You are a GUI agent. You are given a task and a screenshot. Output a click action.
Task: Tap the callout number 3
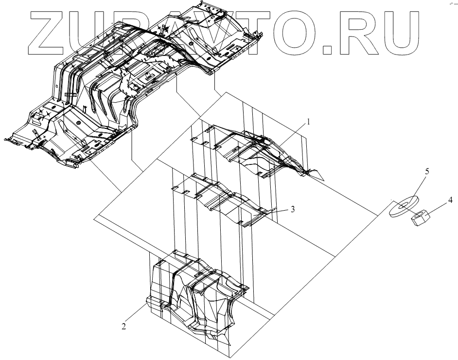coord(293,209)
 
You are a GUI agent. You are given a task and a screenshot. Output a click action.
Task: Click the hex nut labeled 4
coord(419,217)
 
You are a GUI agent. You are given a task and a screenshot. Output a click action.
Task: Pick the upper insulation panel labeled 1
coord(253,151)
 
